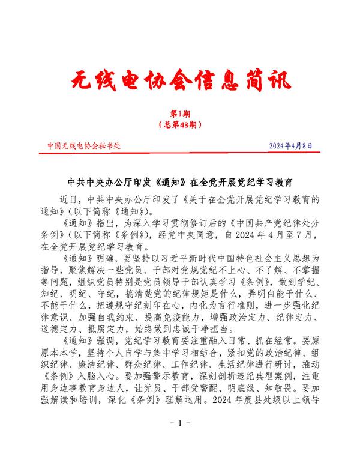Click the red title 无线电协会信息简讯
click(179, 80)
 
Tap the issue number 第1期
click(179, 113)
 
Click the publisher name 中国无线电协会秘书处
click(84, 146)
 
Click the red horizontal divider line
click(179, 154)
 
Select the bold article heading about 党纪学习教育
click(179, 180)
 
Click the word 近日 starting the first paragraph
click(70, 199)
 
